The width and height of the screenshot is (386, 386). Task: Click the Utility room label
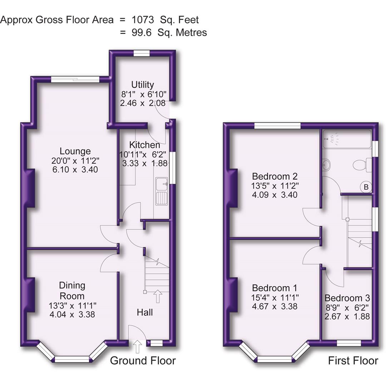pos(143,85)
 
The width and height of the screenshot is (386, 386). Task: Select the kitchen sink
pos(161,192)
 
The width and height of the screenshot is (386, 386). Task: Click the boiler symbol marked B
pos(366,187)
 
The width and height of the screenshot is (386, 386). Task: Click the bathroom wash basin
pos(326,165)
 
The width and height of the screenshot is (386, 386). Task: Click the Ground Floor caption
pos(143,360)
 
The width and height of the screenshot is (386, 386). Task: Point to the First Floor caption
pos(353,361)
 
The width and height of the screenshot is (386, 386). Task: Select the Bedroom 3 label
pos(347,298)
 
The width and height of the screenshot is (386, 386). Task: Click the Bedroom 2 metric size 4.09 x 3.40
pos(275,195)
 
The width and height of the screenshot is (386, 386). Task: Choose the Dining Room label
pos(72,291)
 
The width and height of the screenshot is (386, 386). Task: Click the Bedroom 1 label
pos(274,288)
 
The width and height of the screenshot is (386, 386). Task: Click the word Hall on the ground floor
pos(145,312)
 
